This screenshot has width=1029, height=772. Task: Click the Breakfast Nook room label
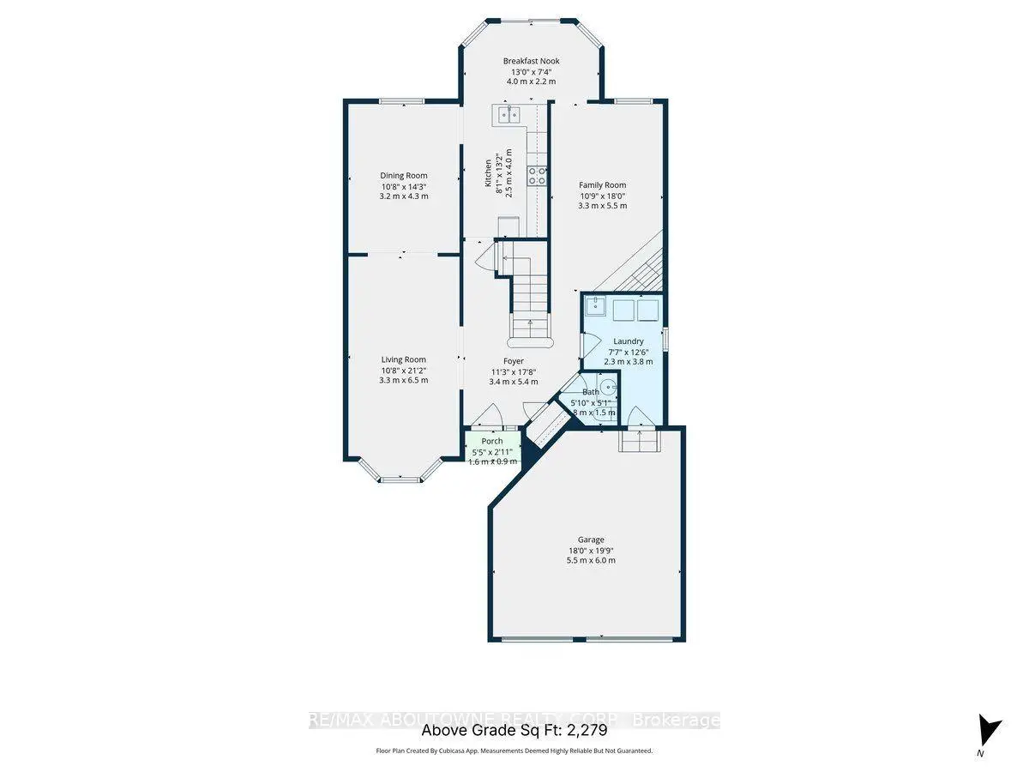point(531,61)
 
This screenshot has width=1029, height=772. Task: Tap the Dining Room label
point(404,176)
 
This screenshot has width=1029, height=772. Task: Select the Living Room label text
point(404,359)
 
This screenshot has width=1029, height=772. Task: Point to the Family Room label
point(602,184)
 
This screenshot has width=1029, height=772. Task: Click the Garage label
point(590,540)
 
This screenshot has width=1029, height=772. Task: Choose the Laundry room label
point(628,341)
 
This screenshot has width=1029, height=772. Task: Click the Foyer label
point(513,361)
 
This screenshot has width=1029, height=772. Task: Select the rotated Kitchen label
point(489,173)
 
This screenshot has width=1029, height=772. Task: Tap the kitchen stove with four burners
point(538,177)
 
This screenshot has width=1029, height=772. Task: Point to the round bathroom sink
point(607,386)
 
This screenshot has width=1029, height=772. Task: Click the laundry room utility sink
point(596,307)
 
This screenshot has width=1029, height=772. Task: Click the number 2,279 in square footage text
point(587,731)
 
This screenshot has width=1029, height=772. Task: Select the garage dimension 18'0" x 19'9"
point(590,551)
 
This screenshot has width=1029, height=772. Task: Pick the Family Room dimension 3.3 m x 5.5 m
point(602,206)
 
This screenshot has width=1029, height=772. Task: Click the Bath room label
point(591,392)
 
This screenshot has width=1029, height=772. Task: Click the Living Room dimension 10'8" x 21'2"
point(404,370)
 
